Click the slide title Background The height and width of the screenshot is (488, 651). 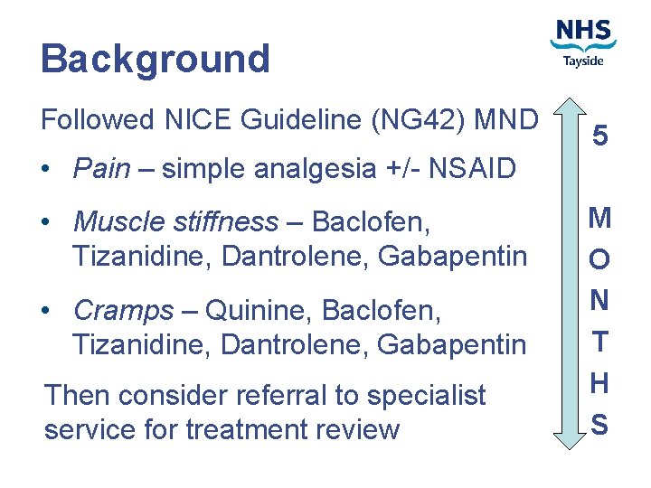tap(155, 59)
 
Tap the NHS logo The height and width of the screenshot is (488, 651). tap(583, 33)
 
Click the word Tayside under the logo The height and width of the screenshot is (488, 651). tap(583, 61)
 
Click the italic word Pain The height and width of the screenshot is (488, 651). tap(101, 168)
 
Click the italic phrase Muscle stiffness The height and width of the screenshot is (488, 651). tap(175, 221)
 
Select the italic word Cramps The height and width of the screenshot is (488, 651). tap(122, 310)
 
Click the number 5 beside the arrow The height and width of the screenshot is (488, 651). tap(600, 136)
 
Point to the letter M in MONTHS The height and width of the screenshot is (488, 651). tap(599, 218)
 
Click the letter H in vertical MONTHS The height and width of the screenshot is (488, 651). tap(599, 383)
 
